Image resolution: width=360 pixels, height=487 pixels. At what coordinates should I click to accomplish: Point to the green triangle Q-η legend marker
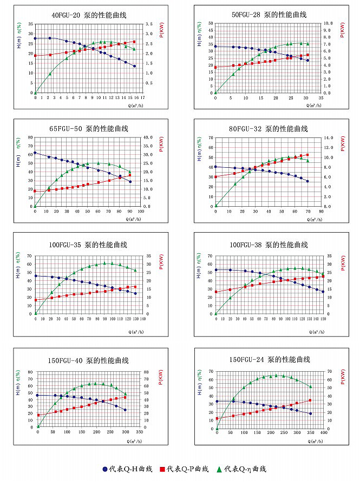pos(219,469)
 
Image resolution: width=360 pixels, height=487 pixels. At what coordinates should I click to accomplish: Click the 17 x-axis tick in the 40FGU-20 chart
pos(142,98)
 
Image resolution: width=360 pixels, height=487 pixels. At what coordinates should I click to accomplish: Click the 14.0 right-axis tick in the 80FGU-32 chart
pos(328,138)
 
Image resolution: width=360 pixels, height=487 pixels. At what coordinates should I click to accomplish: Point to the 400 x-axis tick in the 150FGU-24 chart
pos(324,433)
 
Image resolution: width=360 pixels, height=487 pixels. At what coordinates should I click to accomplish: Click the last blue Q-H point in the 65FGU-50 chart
pos(130,181)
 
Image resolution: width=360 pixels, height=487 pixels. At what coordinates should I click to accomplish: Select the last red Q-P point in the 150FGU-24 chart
pos(310,400)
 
